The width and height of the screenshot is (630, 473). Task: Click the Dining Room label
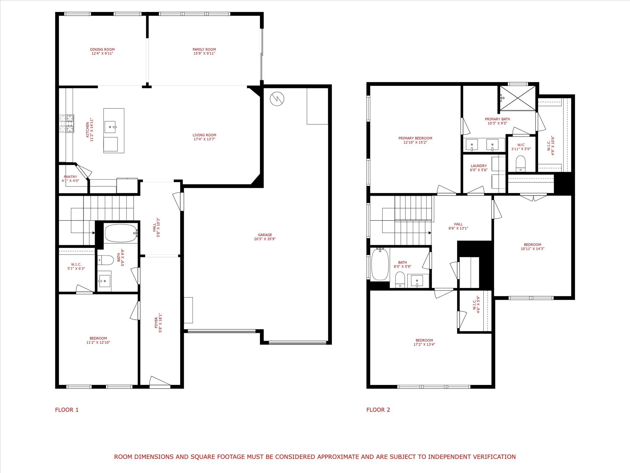(102, 49)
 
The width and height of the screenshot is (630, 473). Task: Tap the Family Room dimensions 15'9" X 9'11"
(204, 53)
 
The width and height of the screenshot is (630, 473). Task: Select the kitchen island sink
(110, 127)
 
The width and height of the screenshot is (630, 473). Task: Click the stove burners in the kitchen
(67, 123)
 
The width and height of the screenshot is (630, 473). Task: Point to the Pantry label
(70, 177)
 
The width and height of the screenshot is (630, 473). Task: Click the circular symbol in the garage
(277, 99)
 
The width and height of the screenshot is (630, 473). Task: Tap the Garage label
(265, 235)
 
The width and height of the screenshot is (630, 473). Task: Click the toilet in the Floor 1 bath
(104, 261)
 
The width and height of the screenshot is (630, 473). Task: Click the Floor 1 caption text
(67, 410)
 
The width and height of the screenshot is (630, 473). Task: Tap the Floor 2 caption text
(378, 410)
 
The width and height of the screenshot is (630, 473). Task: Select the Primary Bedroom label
(415, 138)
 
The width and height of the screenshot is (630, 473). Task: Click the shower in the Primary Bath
(517, 98)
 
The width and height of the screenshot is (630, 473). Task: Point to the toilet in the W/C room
(520, 164)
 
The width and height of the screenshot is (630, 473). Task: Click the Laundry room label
(479, 166)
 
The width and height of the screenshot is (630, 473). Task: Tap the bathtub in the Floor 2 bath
(380, 264)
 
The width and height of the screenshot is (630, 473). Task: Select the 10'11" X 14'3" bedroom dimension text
(532, 249)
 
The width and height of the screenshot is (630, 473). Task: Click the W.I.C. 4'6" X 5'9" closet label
(476, 305)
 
